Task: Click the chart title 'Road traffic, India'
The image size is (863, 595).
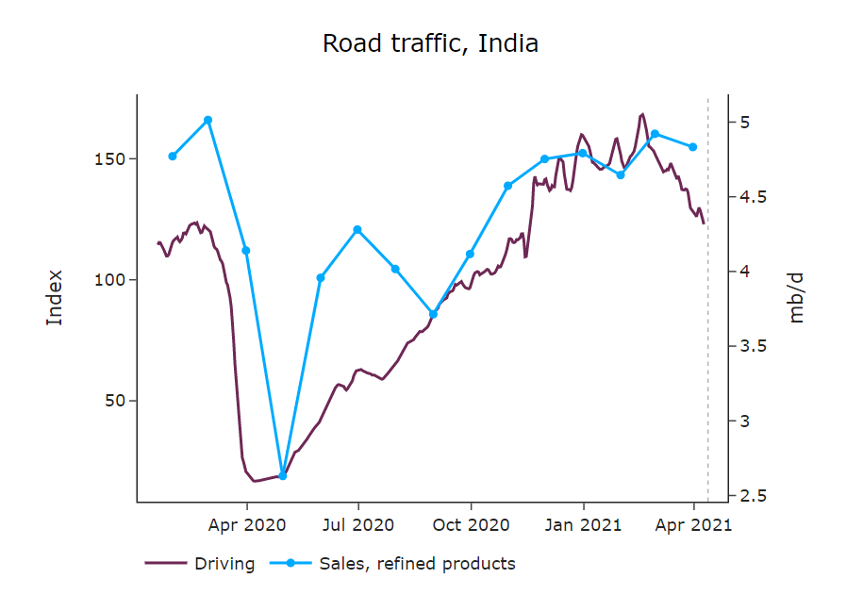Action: (430, 43)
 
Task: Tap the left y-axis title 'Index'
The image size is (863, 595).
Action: (55, 297)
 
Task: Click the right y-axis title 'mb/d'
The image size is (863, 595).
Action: (797, 297)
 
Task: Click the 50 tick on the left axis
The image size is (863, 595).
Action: (117, 401)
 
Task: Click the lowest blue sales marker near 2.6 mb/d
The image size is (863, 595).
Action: (282, 476)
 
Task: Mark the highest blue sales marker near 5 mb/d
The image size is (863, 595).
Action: (208, 120)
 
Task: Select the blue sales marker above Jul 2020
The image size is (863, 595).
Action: (357, 229)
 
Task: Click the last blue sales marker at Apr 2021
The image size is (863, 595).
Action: (693, 147)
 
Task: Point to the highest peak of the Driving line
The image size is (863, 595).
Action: (642, 114)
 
